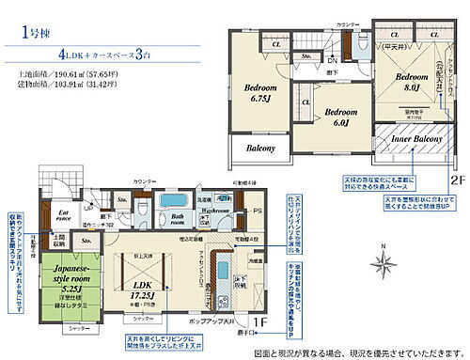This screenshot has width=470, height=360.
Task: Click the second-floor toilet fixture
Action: coord(363,44)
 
